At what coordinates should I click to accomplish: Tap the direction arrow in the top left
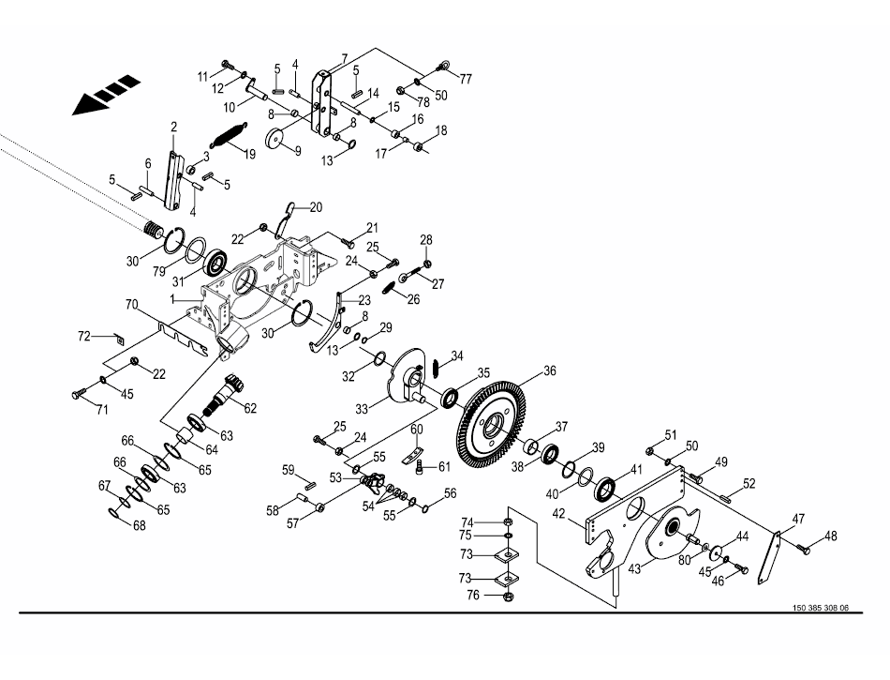(x=105, y=97)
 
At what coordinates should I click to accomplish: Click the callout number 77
(x=466, y=78)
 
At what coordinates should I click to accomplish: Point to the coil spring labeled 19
(x=230, y=135)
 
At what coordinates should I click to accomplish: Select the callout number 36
(x=549, y=370)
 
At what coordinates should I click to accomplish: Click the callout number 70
(x=131, y=305)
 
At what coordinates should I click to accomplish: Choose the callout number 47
(x=798, y=519)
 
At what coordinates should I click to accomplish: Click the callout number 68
(x=139, y=526)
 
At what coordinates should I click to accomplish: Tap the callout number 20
(x=316, y=206)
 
